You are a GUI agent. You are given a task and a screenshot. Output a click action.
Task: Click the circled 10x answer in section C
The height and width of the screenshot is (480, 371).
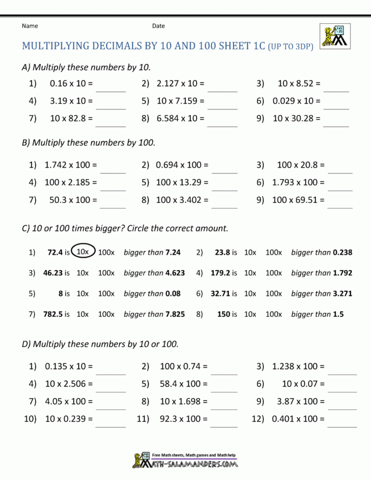point(83,252)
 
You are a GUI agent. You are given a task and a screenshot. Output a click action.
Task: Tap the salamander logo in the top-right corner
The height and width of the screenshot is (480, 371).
point(335,36)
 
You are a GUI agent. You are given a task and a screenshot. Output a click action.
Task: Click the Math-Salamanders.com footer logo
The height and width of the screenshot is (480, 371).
point(185,460)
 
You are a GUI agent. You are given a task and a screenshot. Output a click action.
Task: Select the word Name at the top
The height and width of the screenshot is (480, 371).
point(30,26)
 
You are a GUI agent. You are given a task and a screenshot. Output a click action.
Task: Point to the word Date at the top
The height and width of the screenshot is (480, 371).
point(159,26)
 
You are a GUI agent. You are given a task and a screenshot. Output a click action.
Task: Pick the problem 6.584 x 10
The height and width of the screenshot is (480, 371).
point(181,119)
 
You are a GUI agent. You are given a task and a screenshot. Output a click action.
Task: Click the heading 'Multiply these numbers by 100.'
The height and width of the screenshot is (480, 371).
point(89,142)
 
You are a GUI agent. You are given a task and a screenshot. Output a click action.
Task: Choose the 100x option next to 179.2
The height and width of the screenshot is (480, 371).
point(273,273)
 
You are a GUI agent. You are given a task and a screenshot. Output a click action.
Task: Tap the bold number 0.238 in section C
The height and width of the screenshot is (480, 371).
point(342,252)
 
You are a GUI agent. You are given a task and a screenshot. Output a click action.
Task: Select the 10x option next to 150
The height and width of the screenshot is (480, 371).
point(250,314)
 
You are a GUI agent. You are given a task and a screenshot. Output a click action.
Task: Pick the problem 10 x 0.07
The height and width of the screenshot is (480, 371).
point(303,384)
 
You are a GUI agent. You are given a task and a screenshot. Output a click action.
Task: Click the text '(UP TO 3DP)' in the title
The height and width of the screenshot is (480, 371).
point(290,47)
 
